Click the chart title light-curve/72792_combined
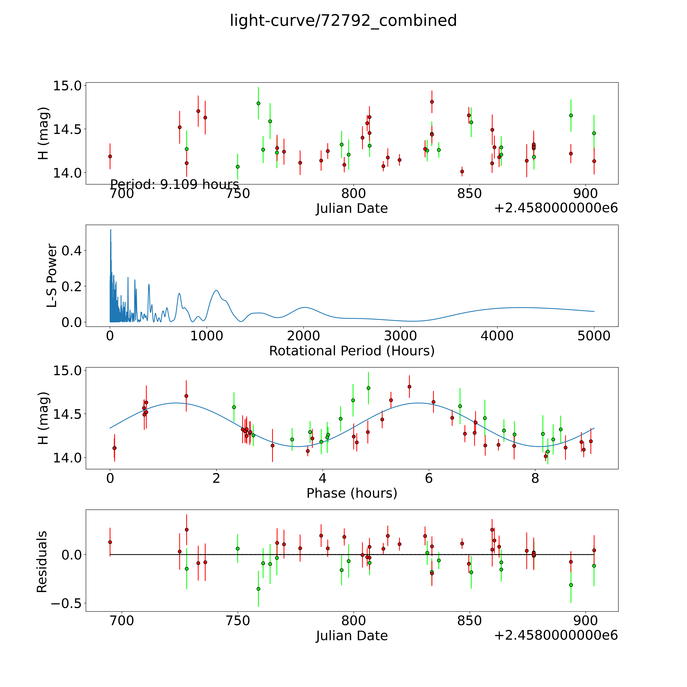pos(343,21)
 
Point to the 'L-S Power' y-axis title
pos(52,276)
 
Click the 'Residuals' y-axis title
pos(42,562)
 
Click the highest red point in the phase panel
pos(409,387)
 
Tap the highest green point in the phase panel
pos(368,388)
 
